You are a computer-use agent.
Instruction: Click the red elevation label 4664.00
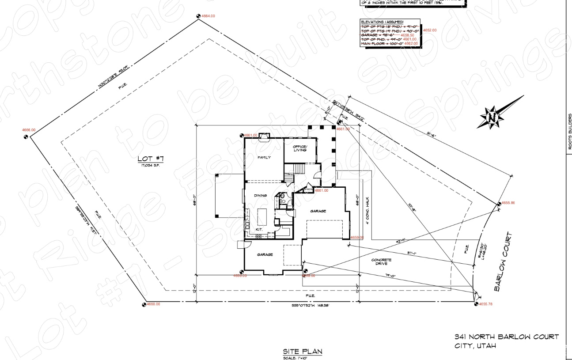click(x=208, y=16)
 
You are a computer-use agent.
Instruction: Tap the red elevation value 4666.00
click(x=29, y=130)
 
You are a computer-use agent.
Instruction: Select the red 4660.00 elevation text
click(x=153, y=304)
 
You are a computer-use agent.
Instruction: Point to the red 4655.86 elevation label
click(x=508, y=203)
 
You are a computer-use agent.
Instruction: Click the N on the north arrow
click(x=491, y=117)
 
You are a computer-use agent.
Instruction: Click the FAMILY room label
click(x=264, y=158)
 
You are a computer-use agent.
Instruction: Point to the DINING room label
click(x=261, y=196)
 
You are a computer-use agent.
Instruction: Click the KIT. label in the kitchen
click(x=260, y=230)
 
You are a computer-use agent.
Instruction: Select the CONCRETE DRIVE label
click(x=381, y=262)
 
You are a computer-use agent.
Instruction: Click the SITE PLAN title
click(x=303, y=352)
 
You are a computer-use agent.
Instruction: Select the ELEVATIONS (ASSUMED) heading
click(x=383, y=22)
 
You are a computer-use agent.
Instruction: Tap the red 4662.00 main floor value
click(x=410, y=43)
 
